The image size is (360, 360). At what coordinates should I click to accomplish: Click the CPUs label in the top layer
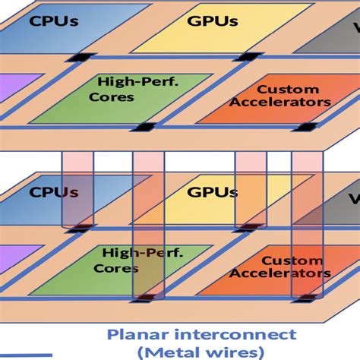pyautogui.click(x=54, y=21)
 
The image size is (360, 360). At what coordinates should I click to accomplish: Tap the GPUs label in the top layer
pyautogui.click(x=213, y=21)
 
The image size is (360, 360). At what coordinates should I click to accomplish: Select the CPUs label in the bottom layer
pyautogui.click(x=54, y=192)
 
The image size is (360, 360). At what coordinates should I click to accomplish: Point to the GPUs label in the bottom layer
pyautogui.click(x=213, y=192)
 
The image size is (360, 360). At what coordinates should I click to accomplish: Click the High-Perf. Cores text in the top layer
pyautogui.click(x=134, y=89)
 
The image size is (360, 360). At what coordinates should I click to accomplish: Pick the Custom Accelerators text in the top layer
pyautogui.click(x=280, y=96)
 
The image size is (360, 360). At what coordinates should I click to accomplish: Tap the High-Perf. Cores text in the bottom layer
pyautogui.click(x=138, y=261)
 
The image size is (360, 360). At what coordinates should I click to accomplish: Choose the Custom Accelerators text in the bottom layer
pyautogui.click(x=280, y=267)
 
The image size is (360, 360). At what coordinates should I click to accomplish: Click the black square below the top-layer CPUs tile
pyautogui.click(x=81, y=58)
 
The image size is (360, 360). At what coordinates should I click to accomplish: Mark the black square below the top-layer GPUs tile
pyautogui.click(x=248, y=57)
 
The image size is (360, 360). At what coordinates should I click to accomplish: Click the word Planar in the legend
pyautogui.click(x=138, y=335)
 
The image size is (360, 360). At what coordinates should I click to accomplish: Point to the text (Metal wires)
pyautogui.click(x=201, y=352)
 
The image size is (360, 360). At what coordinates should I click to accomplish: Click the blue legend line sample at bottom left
pyautogui.click(x=26, y=355)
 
